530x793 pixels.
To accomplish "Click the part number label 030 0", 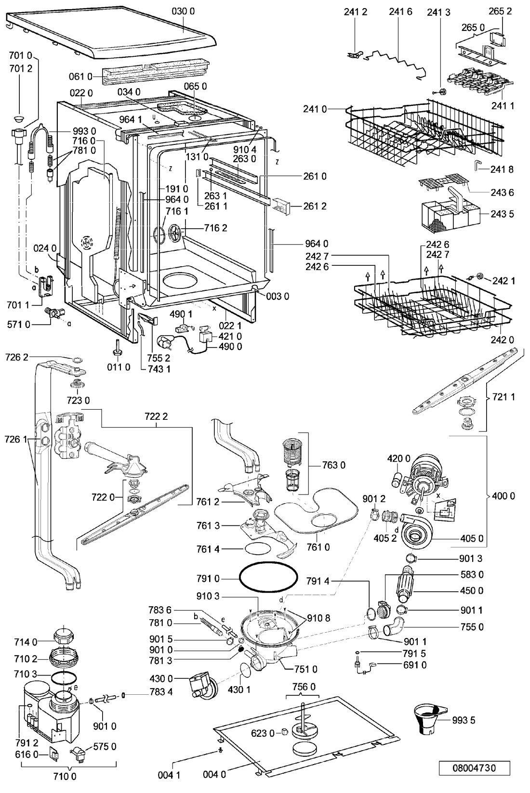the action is (x=183, y=12).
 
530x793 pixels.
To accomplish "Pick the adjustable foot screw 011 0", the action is (x=117, y=347).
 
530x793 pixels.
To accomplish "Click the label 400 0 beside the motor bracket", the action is (x=503, y=496).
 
